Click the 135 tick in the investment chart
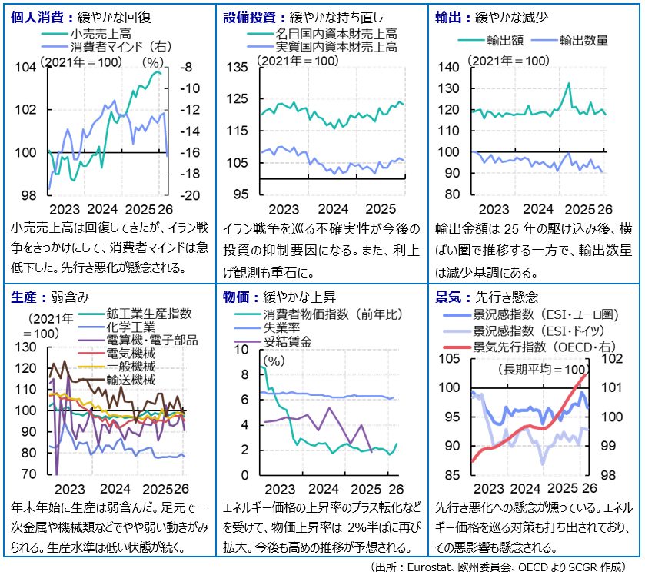coord(239,68)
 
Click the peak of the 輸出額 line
coord(568,83)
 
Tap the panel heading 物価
coord(236,296)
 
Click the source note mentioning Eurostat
coord(504,566)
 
